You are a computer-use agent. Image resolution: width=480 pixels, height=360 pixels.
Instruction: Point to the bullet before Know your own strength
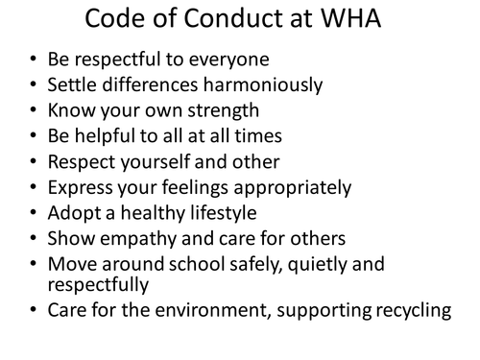point(35,124)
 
